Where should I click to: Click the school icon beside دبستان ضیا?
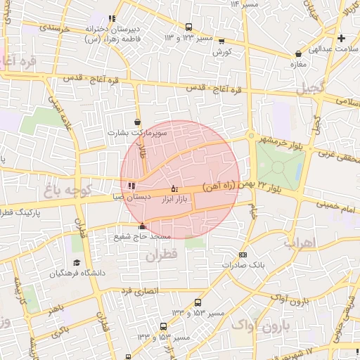(131, 186)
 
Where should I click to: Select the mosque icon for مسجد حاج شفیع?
(143, 226)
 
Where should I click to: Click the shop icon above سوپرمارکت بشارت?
(137, 122)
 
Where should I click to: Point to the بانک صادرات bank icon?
(243, 255)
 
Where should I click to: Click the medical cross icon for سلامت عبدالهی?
(342, 38)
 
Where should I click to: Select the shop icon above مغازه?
(300, 53)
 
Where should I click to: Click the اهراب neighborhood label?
(301, 243)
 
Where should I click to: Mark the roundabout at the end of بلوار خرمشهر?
(250, 136)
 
